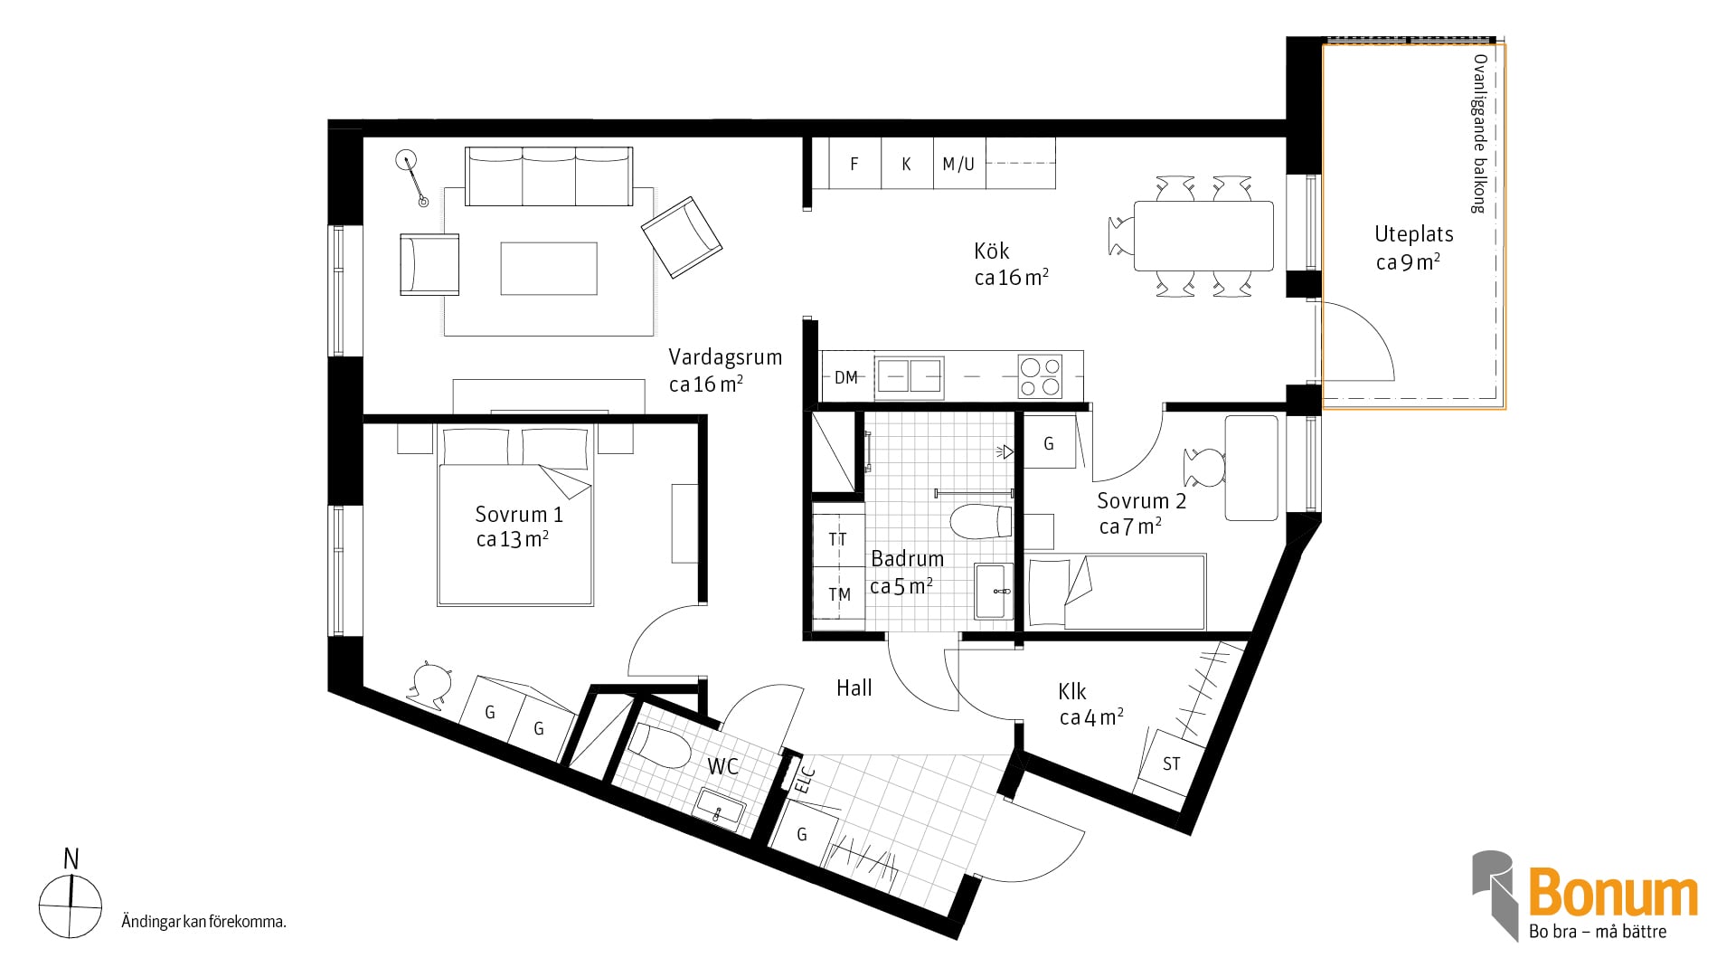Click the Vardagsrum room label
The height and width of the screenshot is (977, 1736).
[725, 357]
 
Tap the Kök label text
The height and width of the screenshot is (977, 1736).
[992, 251]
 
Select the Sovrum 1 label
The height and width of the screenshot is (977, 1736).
[519, 515]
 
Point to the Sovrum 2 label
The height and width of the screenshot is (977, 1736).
[1141, 501]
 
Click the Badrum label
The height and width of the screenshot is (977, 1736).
[907, 559]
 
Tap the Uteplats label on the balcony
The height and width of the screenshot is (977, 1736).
[1414, 234]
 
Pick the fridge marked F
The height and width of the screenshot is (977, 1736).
[854, 164]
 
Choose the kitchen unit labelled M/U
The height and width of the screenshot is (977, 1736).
[959, 164]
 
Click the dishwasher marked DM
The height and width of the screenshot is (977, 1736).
[847, 377]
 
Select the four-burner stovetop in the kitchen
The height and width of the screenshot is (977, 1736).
[1040, 377]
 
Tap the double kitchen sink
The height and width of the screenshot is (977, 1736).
[910, 377]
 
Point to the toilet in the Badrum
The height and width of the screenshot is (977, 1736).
[981, 521]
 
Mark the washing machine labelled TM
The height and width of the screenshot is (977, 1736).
[839, 594]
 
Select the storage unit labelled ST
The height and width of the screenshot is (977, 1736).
[1171, 764]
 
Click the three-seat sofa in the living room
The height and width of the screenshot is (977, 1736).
[549, 176]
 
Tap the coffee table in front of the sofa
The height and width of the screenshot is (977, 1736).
[549, 269]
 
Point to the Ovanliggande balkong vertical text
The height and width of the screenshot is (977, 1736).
[1479, 133]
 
